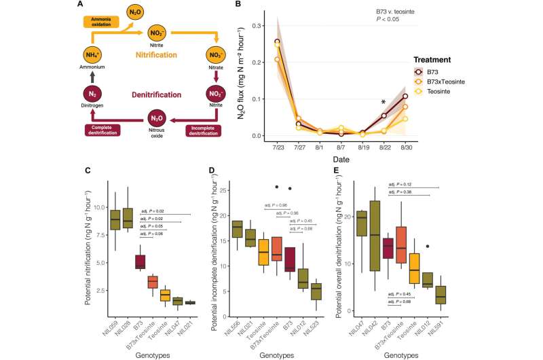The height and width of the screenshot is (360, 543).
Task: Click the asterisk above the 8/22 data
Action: pos(383,103)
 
